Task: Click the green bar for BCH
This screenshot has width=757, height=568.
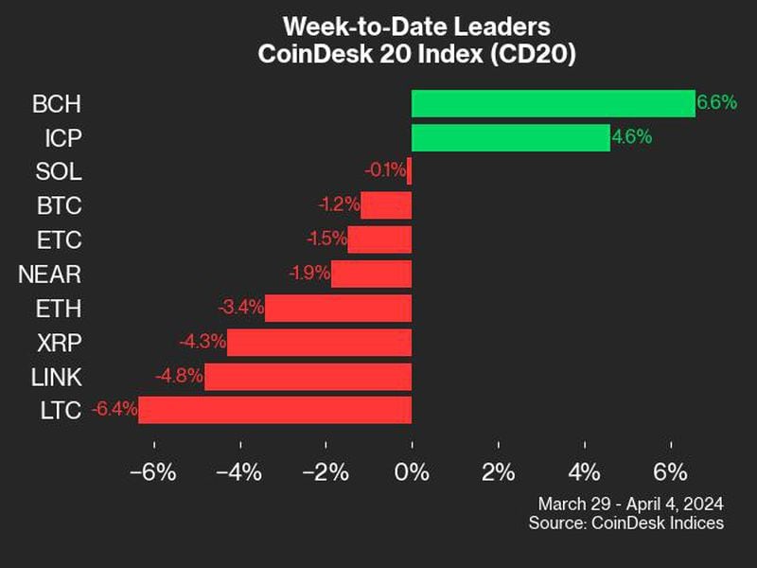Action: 553,103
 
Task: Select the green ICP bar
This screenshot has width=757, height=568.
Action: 510,137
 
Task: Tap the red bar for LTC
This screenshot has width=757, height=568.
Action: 274,410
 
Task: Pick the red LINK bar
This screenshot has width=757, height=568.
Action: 308,376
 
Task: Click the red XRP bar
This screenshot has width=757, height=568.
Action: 319,342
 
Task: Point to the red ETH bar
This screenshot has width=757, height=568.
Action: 338,308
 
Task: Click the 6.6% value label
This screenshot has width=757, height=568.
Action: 716,103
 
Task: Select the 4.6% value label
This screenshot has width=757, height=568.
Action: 631,137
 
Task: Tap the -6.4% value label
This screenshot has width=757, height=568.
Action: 114,410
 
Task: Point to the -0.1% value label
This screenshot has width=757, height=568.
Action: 385,171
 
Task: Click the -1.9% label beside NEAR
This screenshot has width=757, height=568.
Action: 308,274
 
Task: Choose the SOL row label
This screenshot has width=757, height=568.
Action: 60,171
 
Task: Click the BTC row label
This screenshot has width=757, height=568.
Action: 60,205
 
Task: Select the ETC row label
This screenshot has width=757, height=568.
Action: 60,240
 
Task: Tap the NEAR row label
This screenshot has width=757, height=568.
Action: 50,274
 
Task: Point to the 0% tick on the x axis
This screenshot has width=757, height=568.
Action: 412,470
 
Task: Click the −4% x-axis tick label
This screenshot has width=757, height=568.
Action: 238,470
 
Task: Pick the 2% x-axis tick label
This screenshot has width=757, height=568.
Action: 498,470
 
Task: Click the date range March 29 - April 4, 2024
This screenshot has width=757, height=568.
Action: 630,503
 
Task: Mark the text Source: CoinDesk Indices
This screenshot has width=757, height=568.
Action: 626,523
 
